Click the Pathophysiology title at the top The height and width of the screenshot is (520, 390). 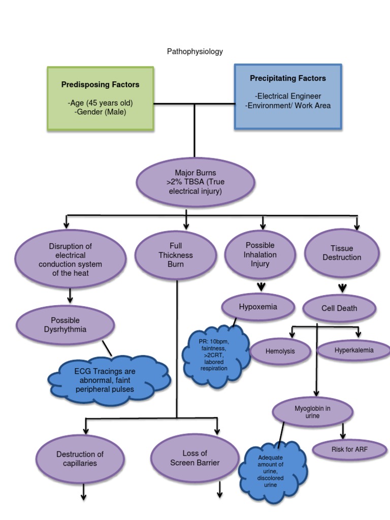tap(194, 51)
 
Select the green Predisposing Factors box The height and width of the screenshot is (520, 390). tap(101, 99)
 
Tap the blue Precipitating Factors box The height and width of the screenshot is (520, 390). tap(288, 96)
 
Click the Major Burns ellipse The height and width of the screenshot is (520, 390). tap(195, 182)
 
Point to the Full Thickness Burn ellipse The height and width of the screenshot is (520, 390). tap(176, 255)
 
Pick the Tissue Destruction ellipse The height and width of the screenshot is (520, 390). tap(342, 253)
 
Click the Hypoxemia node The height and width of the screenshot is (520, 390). tap(258, 307)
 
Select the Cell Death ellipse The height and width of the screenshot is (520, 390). tap(339, 308)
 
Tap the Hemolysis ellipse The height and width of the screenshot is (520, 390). tap(280, 351)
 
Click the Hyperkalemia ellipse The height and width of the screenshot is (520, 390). tap(354, 350)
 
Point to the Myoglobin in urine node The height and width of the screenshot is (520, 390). tap(312, 412)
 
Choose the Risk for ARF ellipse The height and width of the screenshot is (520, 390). tap(349, 449)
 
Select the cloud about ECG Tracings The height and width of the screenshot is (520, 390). tap(108, 380)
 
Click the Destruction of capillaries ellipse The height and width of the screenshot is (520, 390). tap(80, 459)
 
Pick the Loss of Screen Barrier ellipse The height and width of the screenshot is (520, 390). tap(195, 458)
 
